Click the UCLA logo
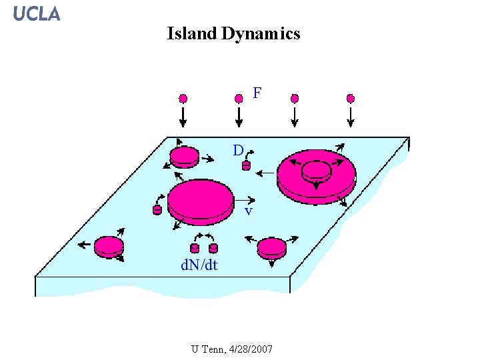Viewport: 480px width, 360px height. [37, 13]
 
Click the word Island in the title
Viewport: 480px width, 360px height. [191, 33]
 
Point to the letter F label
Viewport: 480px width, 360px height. [257, 93]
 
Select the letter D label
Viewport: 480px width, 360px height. [237, 150]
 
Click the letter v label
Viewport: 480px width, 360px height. [248, 211]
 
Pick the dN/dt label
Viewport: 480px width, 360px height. [199, 265]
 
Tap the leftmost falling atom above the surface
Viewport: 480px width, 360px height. [183, 99]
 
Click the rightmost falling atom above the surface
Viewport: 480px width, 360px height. [351, 99]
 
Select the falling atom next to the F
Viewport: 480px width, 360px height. [239, 99]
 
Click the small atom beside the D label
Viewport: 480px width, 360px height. [246, 165]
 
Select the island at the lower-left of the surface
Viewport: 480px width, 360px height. [109, 247]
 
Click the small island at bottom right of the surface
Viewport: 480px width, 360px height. [271, 247]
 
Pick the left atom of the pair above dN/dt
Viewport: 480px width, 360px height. [195, 249]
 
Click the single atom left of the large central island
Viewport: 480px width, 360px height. [157, 209]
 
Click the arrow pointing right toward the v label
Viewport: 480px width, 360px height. [245, 199]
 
